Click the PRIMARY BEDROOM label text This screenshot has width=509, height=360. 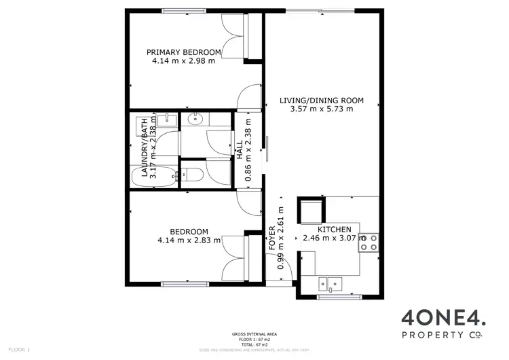pyautogui.click(x=184, y=52)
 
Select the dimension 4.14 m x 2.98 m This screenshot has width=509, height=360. pyautogui.click(x=184, y=61)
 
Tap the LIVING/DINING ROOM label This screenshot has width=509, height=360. pyautogui.click(x=322, y=101)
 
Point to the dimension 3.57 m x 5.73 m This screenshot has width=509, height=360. pyautogui.click(x=322, y=109)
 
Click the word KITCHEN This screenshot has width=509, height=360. pyautogui.click(x=334, y=230)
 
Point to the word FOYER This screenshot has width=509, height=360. pyautogui.click(x=272, y=238)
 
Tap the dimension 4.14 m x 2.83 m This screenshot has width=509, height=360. pyautogui.click(x=189, y=240)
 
